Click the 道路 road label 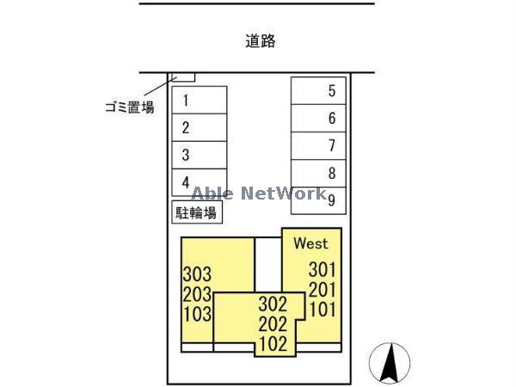tap(261, 41)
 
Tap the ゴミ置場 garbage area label tap(130, 107)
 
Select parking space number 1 tap(200, 100)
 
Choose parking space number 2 tap(200, 127)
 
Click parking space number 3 tap(200, 155)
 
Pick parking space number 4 tap(200, 182)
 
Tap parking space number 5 tap(318, 91)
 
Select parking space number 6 tap(318, 119)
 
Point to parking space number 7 tap(318, 146)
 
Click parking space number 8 tap(318, 174)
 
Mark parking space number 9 tap(318, 200)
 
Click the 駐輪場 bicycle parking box tap(197, 212)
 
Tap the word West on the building tap(311, 243)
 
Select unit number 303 tap(197, 274)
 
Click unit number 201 tap(322, 290)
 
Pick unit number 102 tap(273, 344)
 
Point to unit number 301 tap(322, 270)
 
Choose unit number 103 tap(197, 314)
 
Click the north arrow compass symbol tap(390, 363)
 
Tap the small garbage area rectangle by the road tap(184, 77)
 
